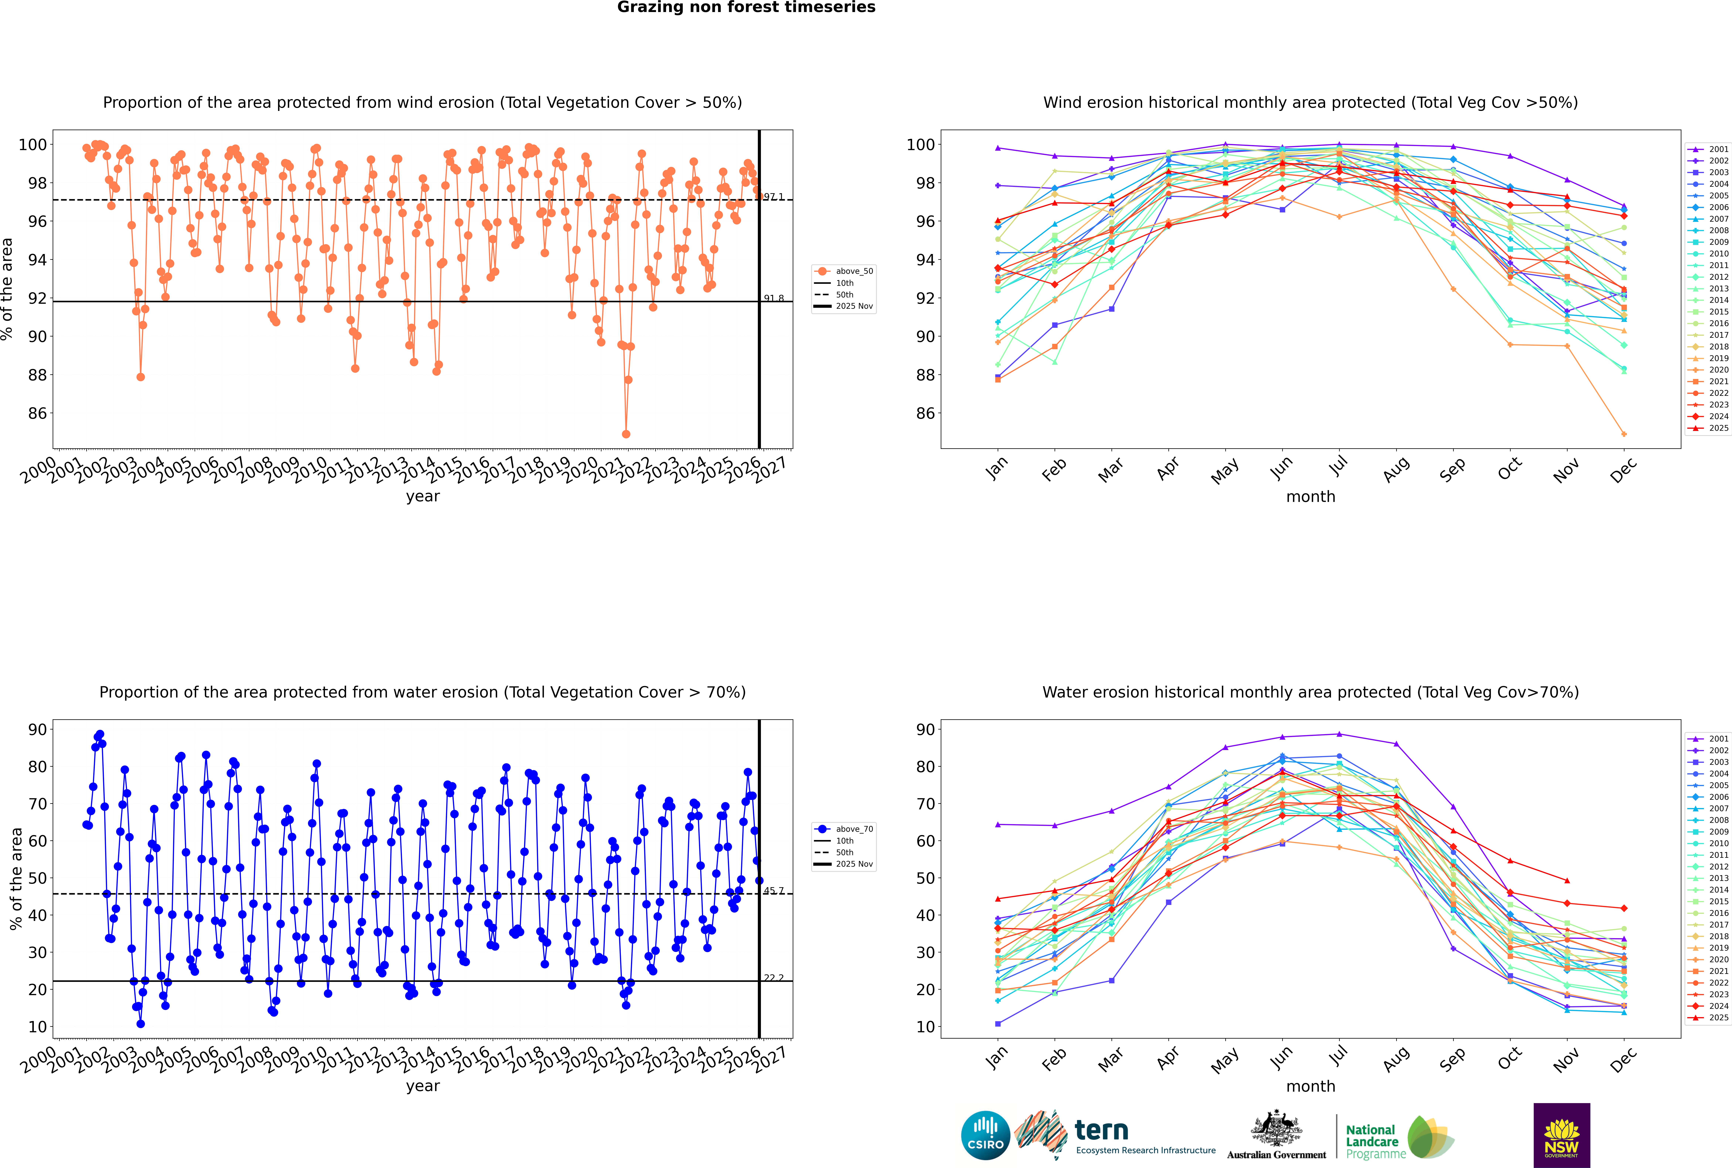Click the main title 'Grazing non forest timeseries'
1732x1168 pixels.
point(746,7)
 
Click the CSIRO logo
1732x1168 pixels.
point(985,1135)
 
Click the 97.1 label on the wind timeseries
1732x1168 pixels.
point(774,197)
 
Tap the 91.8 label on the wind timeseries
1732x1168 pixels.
point(774,299)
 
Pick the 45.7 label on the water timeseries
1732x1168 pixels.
point(774,891)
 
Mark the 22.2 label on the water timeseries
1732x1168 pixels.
point(774,978)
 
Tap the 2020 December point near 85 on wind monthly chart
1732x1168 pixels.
point(1624,434)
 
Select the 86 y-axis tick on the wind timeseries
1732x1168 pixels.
point(37,413)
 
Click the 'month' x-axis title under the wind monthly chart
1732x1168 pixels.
point(1311,497)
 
